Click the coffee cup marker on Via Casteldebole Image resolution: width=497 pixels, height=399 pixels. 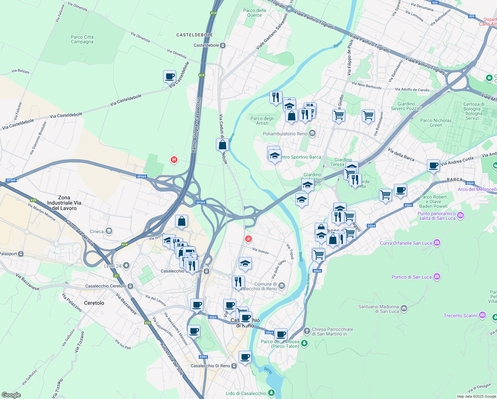(169, 76)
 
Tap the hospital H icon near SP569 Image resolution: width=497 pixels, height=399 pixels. (173, 160)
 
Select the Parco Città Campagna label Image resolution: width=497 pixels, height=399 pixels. (82, 39)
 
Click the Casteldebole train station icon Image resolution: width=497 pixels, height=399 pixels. (223, 46)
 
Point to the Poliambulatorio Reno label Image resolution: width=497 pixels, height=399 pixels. (285, 134)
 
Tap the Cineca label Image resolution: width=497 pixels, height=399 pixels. (97, 231)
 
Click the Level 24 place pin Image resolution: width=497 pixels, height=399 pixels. (126, 266)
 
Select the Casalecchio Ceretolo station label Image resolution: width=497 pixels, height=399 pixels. (106, 286)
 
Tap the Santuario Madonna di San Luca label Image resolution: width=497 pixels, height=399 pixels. (378, 309)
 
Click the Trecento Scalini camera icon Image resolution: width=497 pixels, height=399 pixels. (482, 315)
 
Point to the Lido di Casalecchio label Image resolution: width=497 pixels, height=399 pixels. (246, 393)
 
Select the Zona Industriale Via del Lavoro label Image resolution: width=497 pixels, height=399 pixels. (64, 203)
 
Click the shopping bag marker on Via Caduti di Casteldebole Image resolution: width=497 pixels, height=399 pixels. (222, 145)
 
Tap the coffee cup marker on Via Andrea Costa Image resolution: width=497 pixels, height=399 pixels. (433, 165)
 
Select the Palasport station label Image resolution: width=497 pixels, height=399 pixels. (8, 254)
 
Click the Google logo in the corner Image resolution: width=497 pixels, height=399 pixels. (11, 395)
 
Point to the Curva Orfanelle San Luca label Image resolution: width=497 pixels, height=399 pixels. (406, 243)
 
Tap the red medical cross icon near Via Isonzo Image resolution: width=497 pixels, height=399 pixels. (248, 239)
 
